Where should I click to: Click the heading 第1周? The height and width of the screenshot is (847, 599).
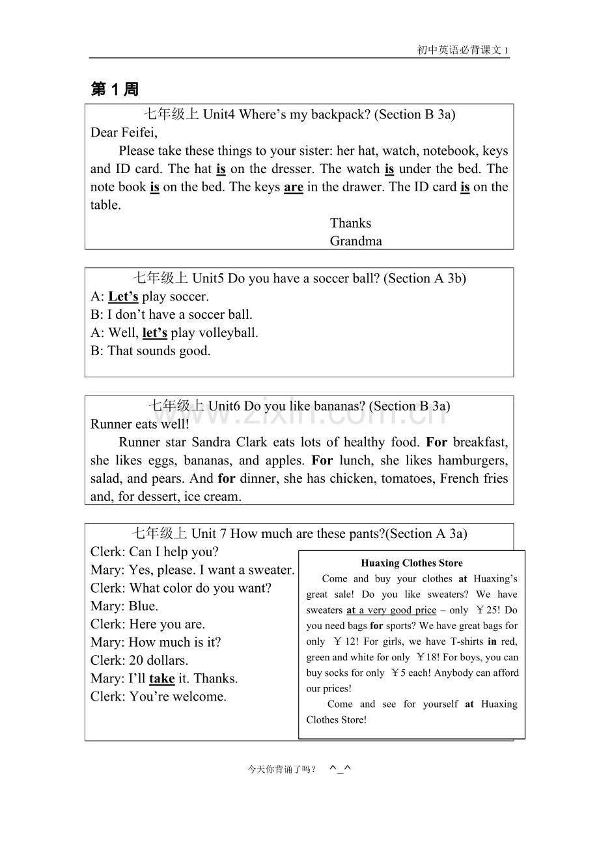tap(115, 89)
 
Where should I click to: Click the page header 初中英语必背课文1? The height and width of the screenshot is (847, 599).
tap(463, 50)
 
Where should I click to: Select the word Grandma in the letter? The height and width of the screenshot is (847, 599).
tap(355, 241)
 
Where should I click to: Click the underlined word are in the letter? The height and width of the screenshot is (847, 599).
tap(294, 187)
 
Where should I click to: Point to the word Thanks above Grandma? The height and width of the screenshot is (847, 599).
tap(350, 223)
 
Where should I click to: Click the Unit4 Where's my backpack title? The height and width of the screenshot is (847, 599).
tap(299, 114)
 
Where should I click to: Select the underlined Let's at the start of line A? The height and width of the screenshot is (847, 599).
tap(123, 297)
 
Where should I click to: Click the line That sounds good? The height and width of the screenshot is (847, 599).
tap(150, 351)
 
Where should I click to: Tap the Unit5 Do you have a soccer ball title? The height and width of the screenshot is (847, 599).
tap(299, 278)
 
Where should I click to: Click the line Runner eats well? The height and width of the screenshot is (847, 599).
tap(140, 424)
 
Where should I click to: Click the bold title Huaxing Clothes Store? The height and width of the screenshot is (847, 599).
tap(411, 563)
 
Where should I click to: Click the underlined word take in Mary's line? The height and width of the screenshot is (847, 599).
tap(161, 679)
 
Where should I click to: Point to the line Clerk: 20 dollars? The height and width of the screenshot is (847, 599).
tap(139, 660)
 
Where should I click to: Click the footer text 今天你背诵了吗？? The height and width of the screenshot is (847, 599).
tap(281, 770)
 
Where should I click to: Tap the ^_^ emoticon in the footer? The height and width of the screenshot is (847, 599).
tap(340, 769)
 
